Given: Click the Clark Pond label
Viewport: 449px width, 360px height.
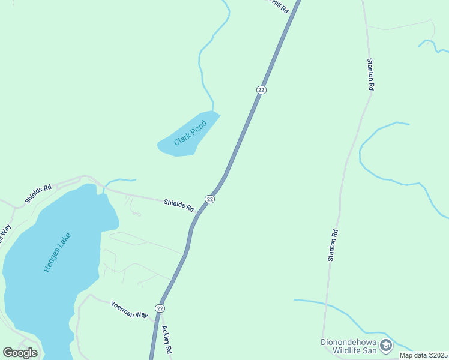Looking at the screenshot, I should [x=190, y=133].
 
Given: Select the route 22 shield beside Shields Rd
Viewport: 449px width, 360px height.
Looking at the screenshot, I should [x=209, y=199].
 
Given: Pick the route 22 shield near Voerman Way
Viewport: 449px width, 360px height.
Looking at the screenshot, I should [x=159, y=308].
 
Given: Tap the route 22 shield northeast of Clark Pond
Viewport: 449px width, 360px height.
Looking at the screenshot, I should [x=261, y=89].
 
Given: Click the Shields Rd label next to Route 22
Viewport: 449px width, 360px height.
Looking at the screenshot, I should [x=179, y=205].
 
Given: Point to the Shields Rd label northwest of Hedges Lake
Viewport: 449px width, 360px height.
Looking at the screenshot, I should [x=38, y=193].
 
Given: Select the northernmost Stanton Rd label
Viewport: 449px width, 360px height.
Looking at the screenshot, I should [x=371, y=74].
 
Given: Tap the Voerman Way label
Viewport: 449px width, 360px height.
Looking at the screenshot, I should [x=129, y=310].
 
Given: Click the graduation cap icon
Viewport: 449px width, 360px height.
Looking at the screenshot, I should [x=386, y=345].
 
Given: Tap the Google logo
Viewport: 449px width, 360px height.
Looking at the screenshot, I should [x=20, y=353].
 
